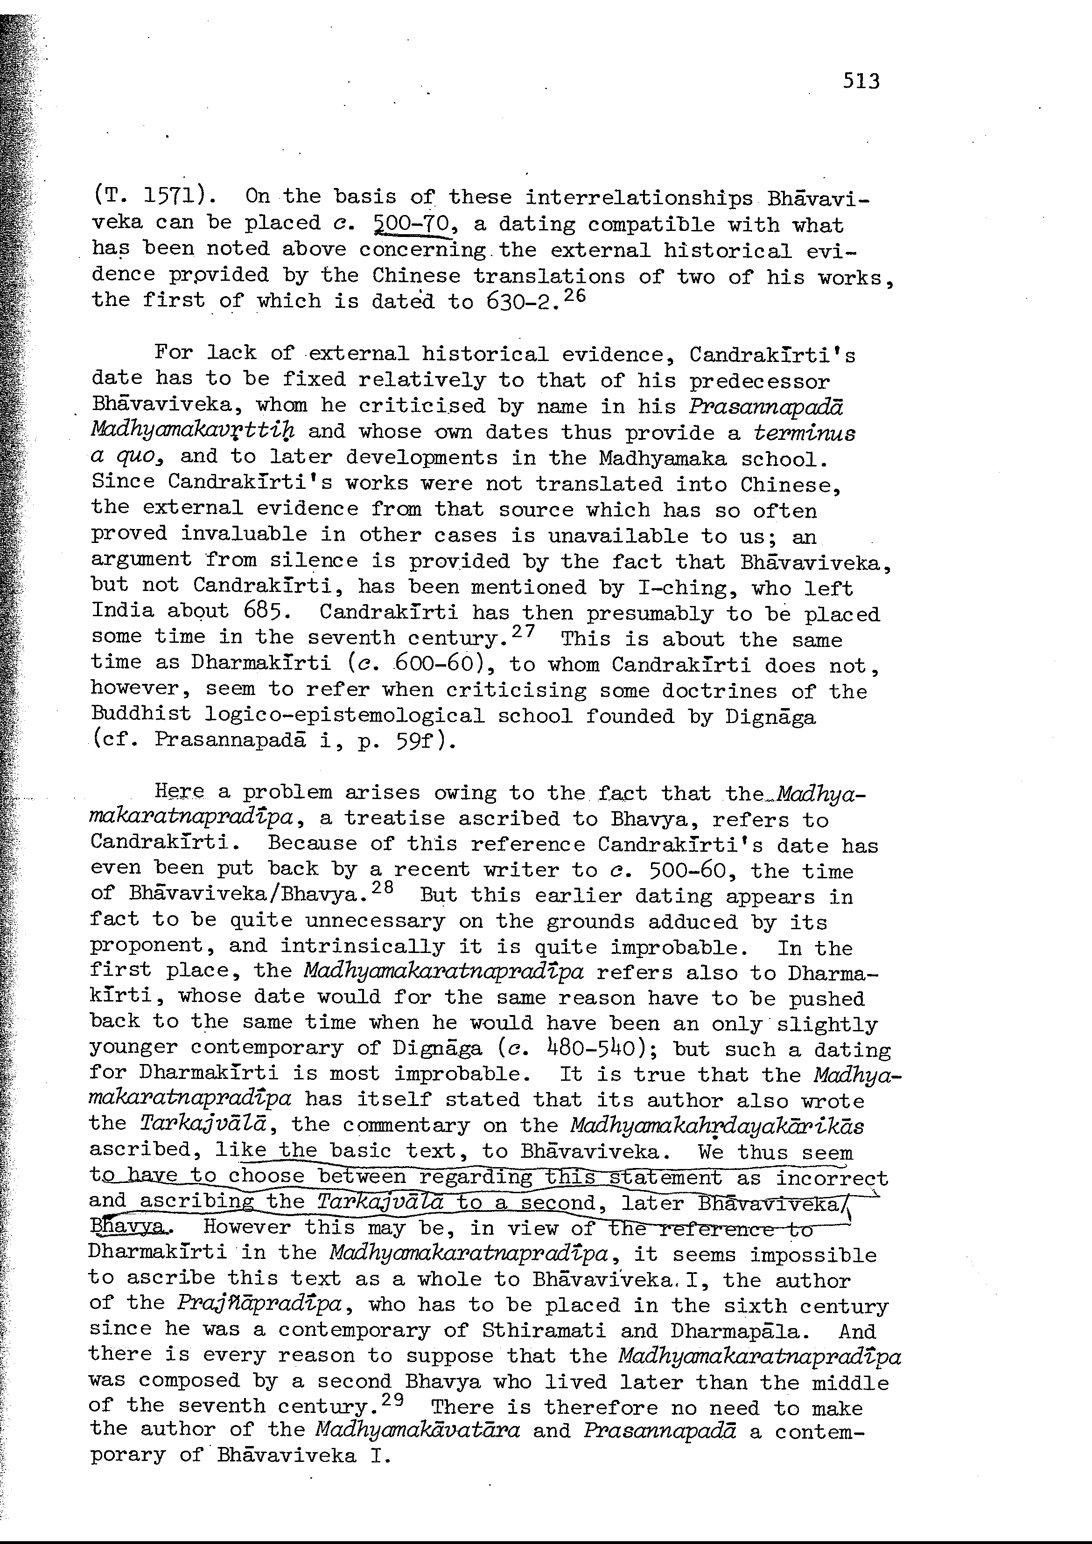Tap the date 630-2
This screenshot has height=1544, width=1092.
(520, 300)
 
